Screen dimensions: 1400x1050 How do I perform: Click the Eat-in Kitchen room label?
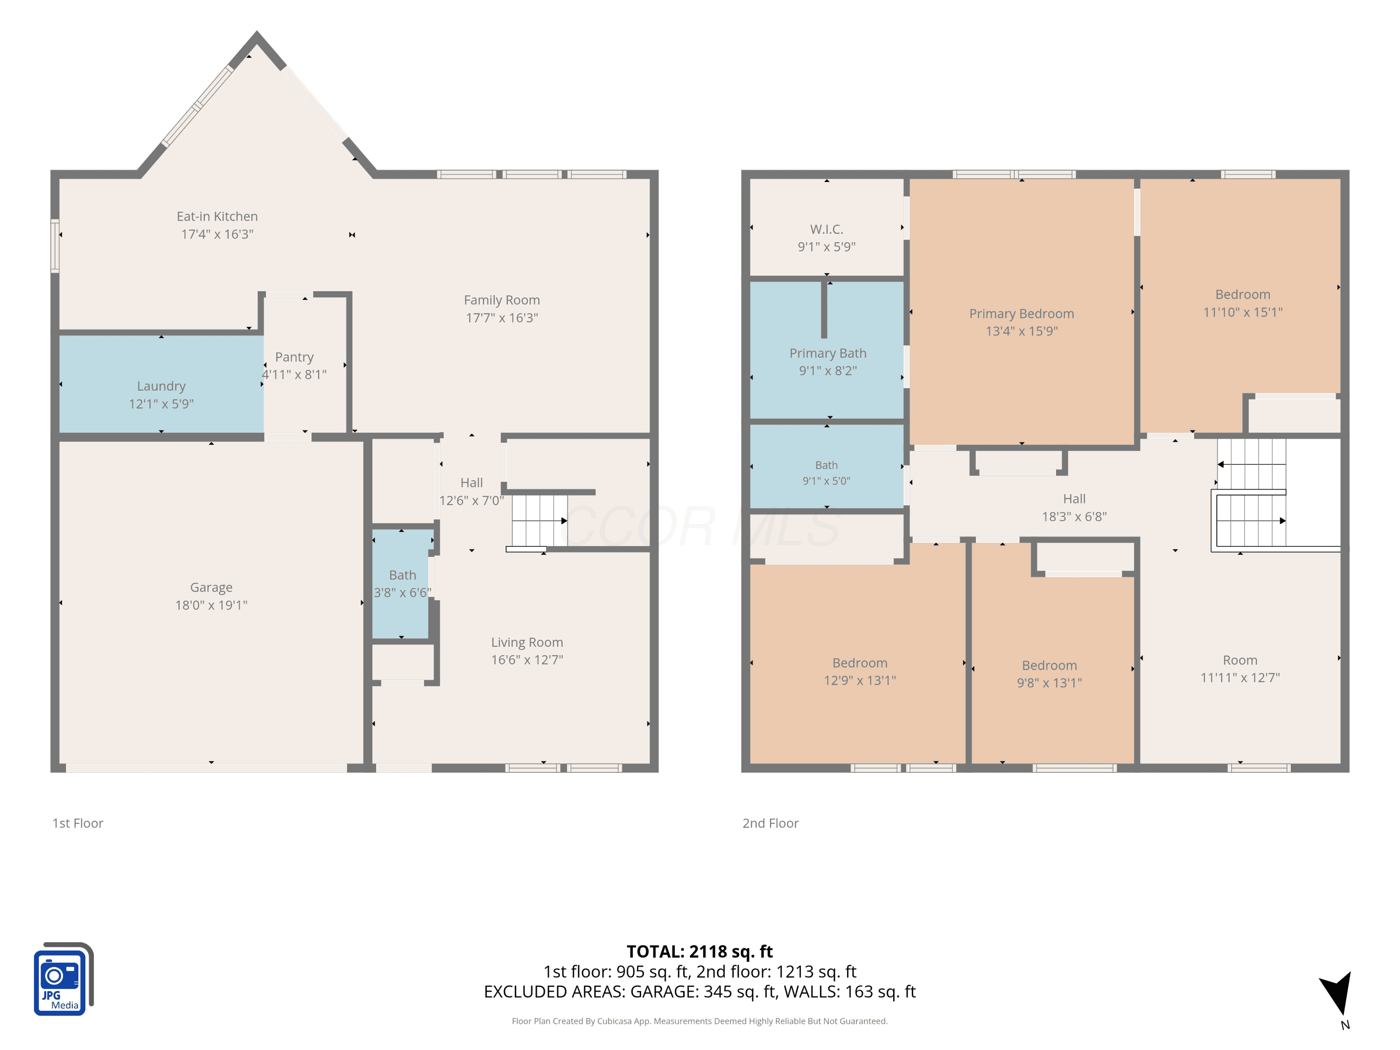217,217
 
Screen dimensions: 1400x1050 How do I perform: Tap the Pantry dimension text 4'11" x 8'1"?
294,375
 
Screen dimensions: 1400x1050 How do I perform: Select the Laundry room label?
161,386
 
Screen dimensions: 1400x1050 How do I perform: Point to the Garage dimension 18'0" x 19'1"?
211,605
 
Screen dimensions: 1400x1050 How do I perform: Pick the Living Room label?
527,643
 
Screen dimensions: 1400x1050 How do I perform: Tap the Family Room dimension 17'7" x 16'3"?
502,318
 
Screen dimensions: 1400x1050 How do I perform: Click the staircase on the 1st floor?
539,521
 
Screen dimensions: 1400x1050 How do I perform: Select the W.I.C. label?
826,229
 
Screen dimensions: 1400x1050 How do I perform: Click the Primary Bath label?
828,353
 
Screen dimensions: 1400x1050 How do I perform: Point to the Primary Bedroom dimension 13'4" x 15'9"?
1022,331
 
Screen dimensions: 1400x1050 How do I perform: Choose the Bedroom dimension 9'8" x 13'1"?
1050,683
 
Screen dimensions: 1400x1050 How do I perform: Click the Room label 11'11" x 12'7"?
1240,660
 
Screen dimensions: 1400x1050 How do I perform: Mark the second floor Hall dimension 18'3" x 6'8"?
1074,517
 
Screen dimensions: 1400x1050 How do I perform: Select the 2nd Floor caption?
770,823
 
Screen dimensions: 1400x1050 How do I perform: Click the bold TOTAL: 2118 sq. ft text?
700,951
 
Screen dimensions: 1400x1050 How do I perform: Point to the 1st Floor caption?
78,823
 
